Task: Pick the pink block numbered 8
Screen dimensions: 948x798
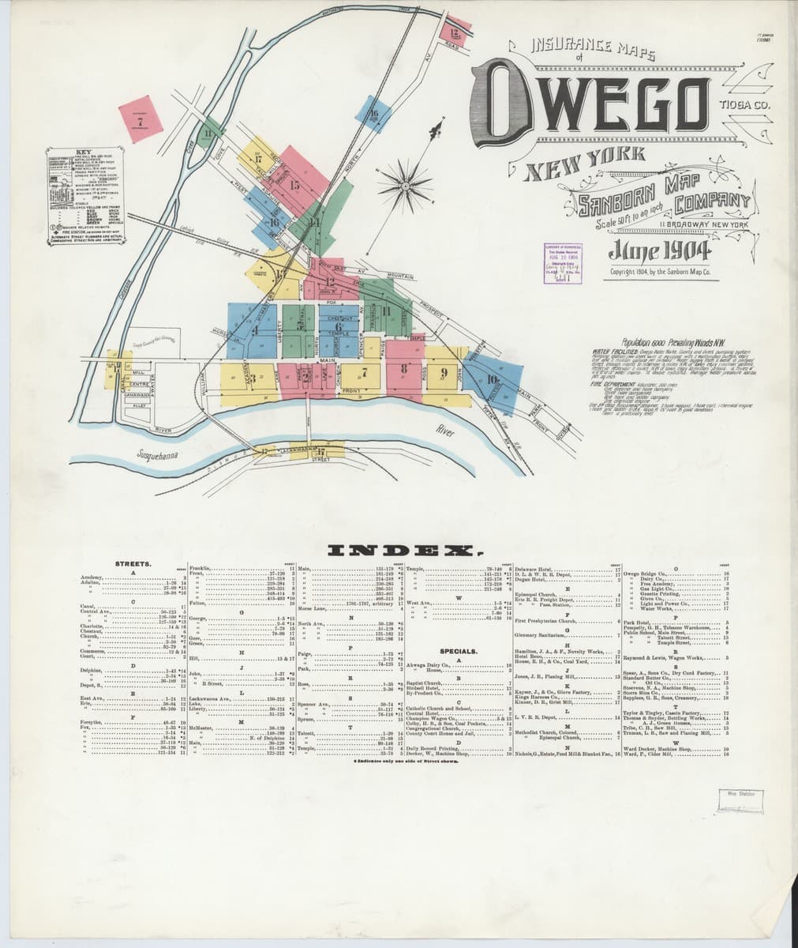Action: [x=404, y=367]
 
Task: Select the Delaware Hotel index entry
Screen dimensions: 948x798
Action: [x=534, y=569]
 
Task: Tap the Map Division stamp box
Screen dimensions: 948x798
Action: [x=738, y=799]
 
